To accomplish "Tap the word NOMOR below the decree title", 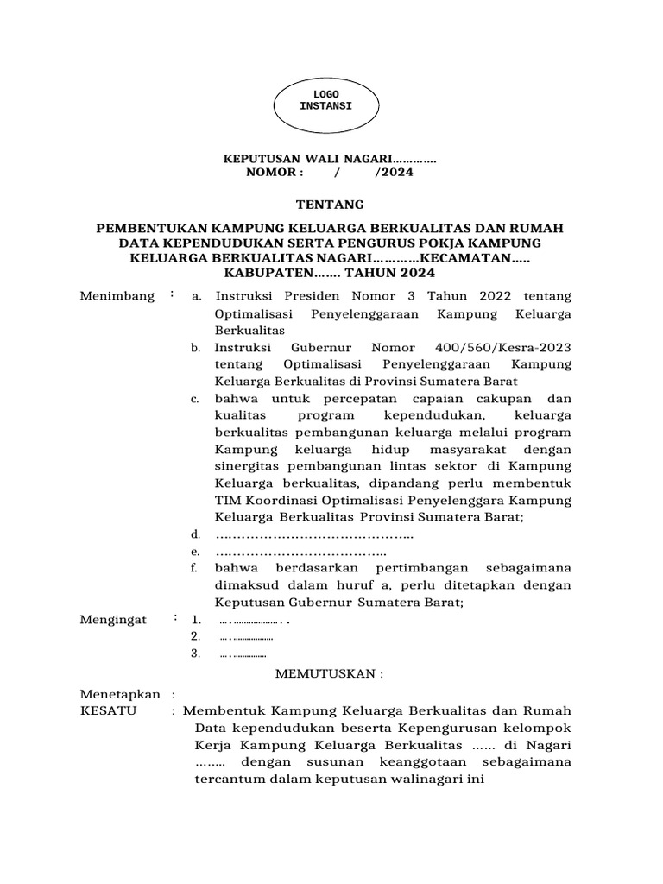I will click(x=275, y=172).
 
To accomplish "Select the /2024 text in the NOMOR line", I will click(x=394, y=172).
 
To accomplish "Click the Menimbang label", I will click(x=117, y=296).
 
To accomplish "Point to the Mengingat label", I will click(x=113, y=620).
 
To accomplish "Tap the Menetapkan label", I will click(x=120, y=694).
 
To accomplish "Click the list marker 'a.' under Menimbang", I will click(x=197, y=297).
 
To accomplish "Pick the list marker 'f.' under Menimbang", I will click(x=196, y=568).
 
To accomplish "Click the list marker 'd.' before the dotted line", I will click(x=196, y=535).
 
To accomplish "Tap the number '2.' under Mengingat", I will click(x=196, y=636).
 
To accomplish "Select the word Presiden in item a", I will click(x=308, y=297).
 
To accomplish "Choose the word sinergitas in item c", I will click(x=249, y=467).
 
